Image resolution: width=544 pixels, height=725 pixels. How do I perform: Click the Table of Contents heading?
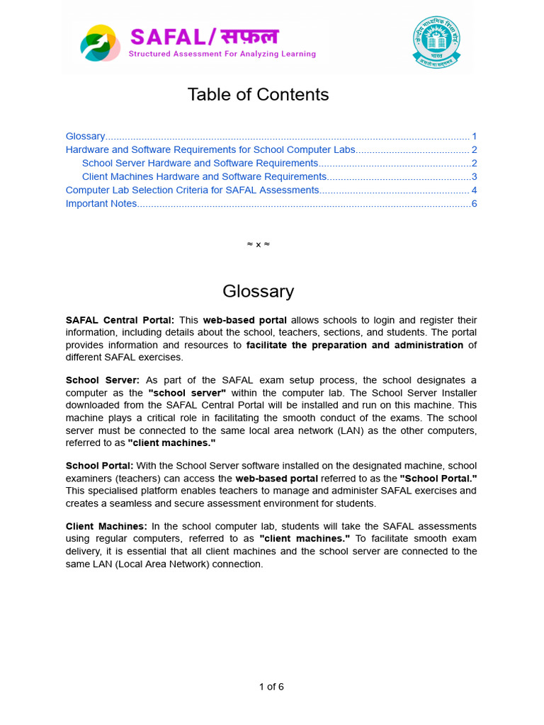[258, 95]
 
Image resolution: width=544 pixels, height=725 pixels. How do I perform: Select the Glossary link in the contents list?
[85, 136]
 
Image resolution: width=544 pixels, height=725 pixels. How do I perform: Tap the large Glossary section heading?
[258, 291]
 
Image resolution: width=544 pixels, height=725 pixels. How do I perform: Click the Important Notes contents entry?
[101, 204]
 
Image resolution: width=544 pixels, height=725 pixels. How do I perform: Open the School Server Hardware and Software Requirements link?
[200, 164]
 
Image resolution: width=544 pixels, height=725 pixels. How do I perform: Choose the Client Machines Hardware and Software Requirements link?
[204, 177]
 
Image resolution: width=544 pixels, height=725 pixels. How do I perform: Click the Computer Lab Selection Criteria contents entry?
[192, 190]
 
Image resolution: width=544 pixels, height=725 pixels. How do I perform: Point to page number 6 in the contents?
[474, 204]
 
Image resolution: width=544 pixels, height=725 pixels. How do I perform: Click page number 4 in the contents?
[474, 190]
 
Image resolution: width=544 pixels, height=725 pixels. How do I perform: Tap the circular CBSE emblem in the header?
[436, 42]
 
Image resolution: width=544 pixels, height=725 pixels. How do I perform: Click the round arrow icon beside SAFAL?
[100, 43]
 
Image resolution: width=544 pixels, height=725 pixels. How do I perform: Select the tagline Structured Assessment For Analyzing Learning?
[222, 54]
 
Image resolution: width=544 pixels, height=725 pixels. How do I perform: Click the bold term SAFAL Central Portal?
[120, 320]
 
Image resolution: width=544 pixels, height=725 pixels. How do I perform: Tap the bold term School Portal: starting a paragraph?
[99, 466]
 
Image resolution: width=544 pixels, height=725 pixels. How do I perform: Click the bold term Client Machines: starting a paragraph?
[106, 526]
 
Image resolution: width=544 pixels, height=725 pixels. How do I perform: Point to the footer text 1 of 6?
[271, 686]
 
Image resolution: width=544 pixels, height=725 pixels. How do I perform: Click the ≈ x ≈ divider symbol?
[258, 244]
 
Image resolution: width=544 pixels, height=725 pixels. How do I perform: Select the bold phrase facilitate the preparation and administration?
[354, 346]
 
